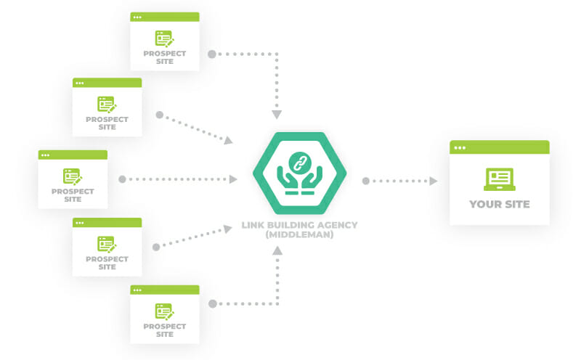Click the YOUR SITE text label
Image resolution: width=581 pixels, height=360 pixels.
(x=499, y=204)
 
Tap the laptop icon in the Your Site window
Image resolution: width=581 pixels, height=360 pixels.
(x=499, y=179)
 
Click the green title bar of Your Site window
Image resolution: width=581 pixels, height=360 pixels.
(x=499, y=147)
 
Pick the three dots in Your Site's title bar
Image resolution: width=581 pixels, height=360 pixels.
(x=460, y=147)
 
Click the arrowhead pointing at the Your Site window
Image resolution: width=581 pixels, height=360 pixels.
(x=434, y=181)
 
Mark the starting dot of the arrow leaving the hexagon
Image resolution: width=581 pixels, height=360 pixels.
(x=366, y=181)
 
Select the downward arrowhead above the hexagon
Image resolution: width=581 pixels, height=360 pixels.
(x=277, y=115)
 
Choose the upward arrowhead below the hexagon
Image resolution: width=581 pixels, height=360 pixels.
(x=277, y=250)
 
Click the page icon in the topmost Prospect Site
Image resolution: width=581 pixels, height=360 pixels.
(x=164, y=38)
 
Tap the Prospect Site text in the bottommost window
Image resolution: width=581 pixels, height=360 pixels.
(x=164, y=330)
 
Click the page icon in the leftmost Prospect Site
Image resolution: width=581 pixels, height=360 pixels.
(x=72, y=176)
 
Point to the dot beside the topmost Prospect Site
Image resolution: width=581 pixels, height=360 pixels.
(x=211, y=54)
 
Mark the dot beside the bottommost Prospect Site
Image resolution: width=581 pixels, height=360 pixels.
(x=211, y=304)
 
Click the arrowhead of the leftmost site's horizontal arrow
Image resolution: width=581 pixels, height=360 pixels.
(x=233, y=179)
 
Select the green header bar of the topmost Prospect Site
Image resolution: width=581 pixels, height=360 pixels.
(x=164, y=17)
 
